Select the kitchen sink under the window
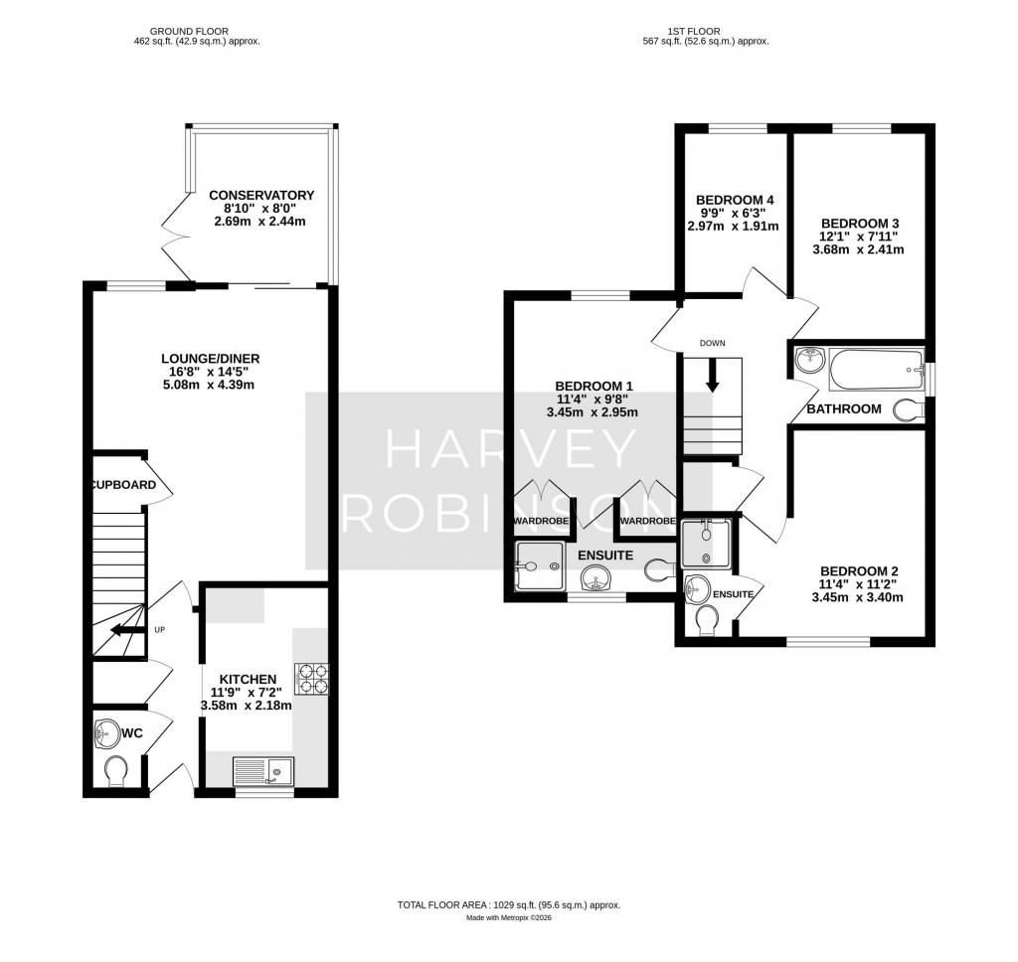263,768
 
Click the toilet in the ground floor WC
116,770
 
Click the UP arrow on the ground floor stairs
124,629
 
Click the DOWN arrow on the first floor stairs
712,375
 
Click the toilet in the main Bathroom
908,408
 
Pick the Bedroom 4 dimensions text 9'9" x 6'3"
735,213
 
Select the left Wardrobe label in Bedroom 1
541,521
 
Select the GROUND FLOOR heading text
197,31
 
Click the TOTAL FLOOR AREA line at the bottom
509,904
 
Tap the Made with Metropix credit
509,917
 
